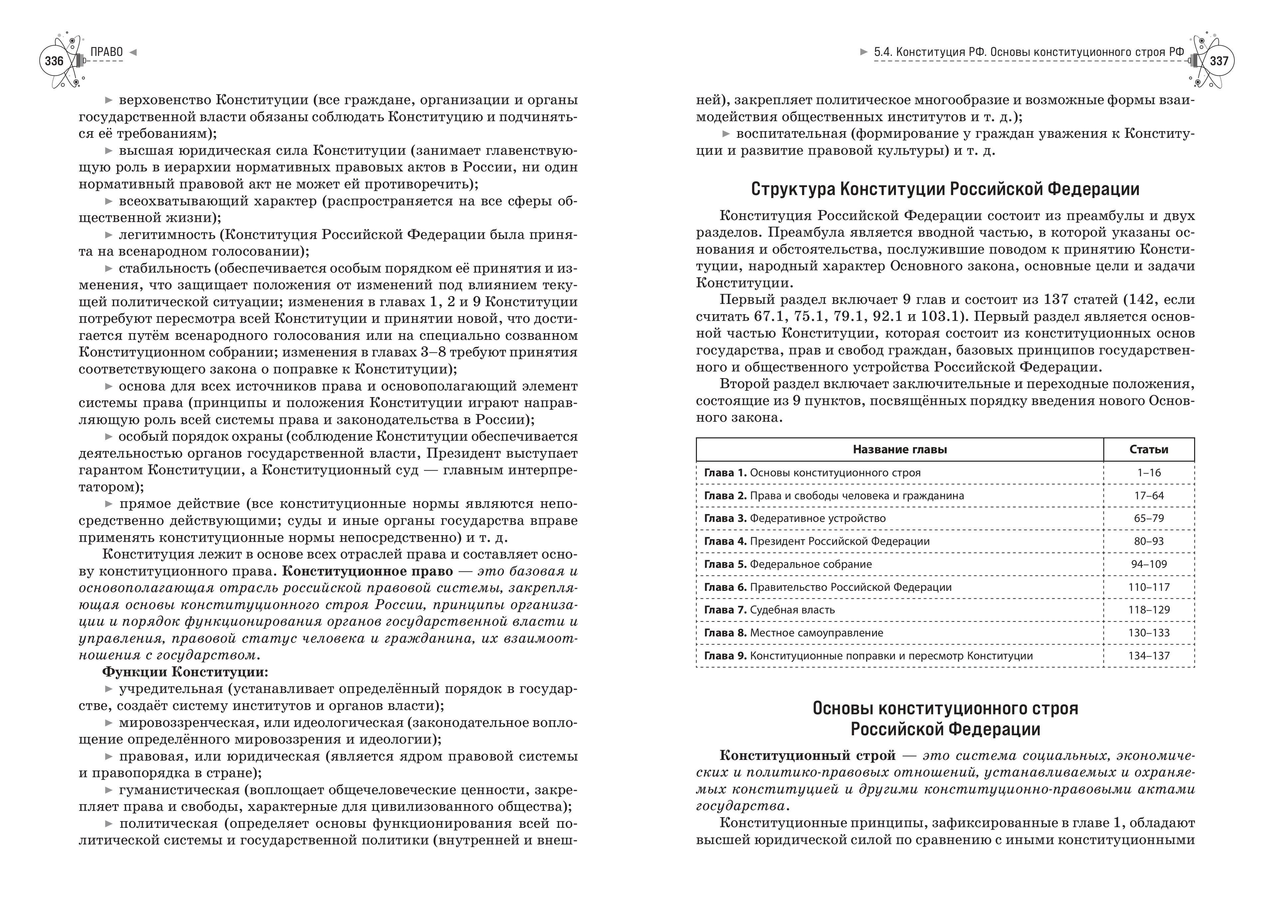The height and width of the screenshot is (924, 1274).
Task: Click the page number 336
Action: pyautogui.click(x=54, y=61)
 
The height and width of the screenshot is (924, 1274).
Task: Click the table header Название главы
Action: pyautogui.click(x=899, y=449)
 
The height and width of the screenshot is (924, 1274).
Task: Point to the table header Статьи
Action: pyautogui.click(x=1149, y=449)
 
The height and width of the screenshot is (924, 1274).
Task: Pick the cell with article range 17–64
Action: pyautogui.click(x=1149, y=495)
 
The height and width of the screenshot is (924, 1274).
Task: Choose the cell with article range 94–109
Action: pyautogui.click(x=1149, y=564)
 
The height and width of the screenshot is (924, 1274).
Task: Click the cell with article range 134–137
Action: pyautogui.click(x=1149, y=655)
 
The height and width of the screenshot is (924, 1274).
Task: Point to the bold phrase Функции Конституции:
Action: pyautogui.click(x=185, y=672)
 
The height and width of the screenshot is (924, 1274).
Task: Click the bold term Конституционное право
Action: pyautogui.click(x=367, y=571)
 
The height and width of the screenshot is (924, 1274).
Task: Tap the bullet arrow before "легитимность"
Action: pyautogui.click(x=109, y=235)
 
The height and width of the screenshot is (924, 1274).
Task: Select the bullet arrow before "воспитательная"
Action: pyautogui.click(x=726, y=134)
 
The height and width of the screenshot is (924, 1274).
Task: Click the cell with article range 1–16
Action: pyautogui.click(x=1149, y=472)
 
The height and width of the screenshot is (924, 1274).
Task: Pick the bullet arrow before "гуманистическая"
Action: pyautogui.click(x=109, y=790)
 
